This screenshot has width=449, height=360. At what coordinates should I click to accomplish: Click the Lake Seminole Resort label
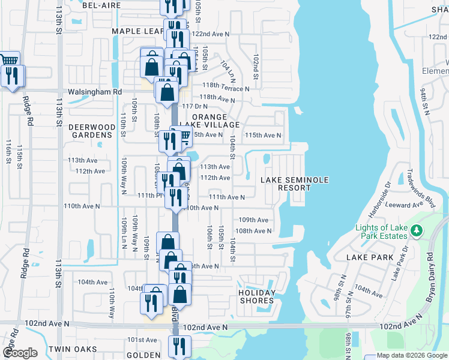click(x=286, y=184)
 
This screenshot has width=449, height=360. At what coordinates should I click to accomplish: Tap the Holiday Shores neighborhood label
click(x=257, y=296)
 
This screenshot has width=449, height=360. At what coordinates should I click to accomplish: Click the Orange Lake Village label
click(x=214, y=121)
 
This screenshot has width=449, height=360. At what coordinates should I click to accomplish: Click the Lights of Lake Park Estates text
click(x=381, y=232)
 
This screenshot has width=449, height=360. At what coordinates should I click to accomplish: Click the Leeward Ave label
click(x=407, y=205)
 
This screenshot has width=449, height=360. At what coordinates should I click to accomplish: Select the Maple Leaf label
click(x=137, y=31)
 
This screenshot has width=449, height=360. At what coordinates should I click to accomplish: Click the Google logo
click(x=20, y=353)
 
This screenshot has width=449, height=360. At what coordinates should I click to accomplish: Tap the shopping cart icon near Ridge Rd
click(x=9, y=59)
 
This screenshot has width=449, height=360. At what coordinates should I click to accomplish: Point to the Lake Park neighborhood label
click(x=370, y=257)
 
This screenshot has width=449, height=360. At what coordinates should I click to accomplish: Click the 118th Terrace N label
click(x=225, y=88)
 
